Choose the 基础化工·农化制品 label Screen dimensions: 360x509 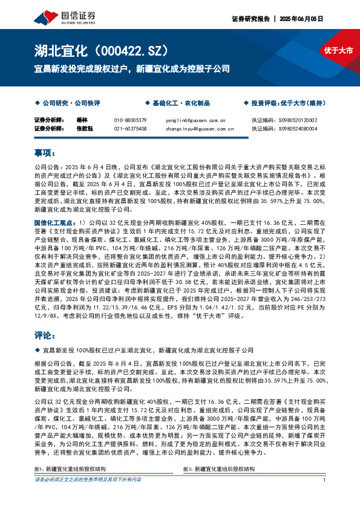pos(176,103)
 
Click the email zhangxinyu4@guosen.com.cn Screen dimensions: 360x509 pos(199,128)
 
